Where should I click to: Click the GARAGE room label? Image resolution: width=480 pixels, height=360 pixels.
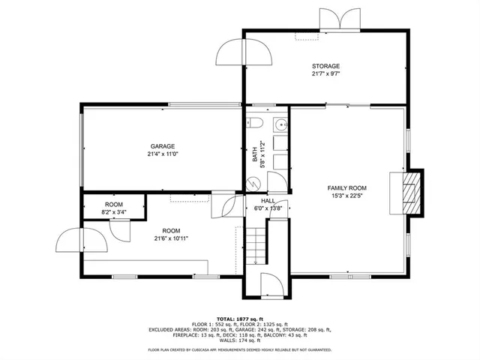pyautogui.click(x=162, y=146)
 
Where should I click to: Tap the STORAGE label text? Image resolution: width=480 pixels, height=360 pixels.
pyautogui.click(x=326, y=66)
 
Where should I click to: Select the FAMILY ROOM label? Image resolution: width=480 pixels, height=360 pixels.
pyautogui.click(x=346, y=187)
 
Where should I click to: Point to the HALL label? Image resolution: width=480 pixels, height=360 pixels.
pyautogui.click(x=268, y=201)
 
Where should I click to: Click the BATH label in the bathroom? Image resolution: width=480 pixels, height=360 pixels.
pyautogui.click(x=255, y=153)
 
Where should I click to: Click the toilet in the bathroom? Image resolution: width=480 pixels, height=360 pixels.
pyautogui.click(x=254, y=124)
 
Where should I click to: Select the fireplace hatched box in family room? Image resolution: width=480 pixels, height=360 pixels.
pyautogui.click(x=409, y=191)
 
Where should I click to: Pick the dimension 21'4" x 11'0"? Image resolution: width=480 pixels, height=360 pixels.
pyautogui.click(x=162, y=154)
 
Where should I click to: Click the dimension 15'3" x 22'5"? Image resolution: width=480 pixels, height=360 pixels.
pyautogui.click(x=346, y=196)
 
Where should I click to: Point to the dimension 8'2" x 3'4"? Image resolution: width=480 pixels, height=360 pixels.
pyautogui.click(x=113, y=212)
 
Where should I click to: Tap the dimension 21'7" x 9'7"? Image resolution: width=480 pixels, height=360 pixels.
pyautogui.click(x=326, y=74)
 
